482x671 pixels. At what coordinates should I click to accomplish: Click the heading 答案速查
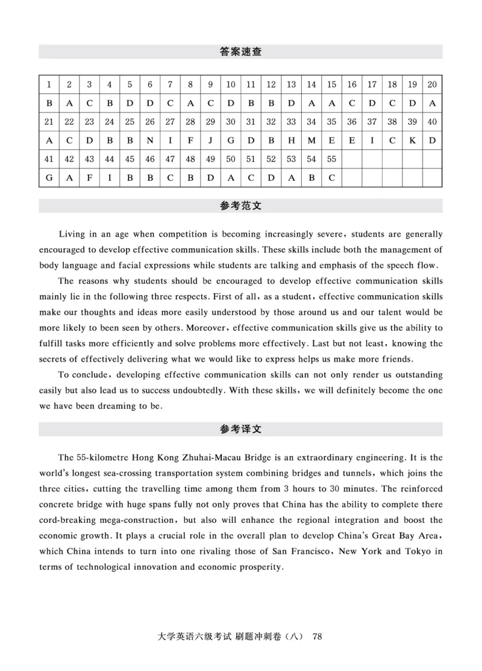tap(240, 52)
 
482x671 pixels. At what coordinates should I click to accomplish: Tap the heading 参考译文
tap(240, 429)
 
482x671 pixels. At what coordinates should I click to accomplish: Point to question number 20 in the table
tap(432, 85)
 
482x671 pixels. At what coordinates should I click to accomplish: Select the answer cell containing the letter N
tap(150, 141)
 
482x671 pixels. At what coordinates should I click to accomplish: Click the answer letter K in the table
tap(412, 141)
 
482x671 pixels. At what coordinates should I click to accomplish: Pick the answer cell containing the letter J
tap(210, 141)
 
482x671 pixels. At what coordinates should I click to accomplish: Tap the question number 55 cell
tap(331, 160)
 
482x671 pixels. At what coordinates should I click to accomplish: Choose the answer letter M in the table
tap(311, 141)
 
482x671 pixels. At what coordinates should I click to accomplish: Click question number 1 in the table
tap(49, 85)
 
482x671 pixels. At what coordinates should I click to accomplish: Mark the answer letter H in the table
tap(291, 141)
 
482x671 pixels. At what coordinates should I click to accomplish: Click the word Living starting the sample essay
tap(73, 234)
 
